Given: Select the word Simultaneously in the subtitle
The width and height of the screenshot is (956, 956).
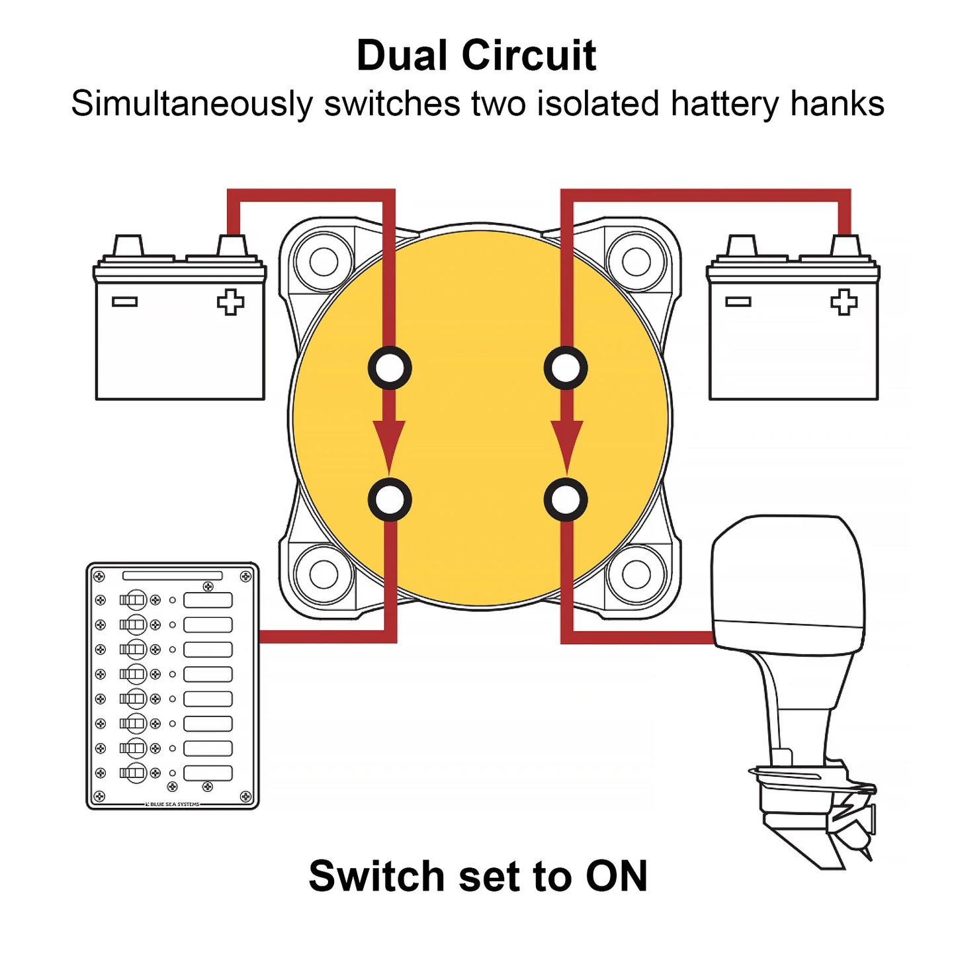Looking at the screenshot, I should [192, 105].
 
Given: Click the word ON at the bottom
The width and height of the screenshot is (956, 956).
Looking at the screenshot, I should [616, 876].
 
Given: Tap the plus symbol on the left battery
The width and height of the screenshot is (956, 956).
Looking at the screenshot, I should [230, 302].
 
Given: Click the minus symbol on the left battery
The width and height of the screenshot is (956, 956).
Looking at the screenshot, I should [124, 302].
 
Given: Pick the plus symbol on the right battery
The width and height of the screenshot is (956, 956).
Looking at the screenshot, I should [844, 302].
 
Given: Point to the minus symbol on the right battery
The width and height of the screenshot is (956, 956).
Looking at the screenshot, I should [738, 302].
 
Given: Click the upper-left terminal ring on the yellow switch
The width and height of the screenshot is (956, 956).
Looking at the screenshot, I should [390, 368].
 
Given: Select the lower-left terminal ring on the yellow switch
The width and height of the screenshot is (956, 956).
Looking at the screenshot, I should [390, 500].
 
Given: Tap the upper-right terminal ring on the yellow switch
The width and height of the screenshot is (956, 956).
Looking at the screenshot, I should [566, 368].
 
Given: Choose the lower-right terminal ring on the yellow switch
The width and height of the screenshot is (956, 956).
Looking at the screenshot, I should [566, 500].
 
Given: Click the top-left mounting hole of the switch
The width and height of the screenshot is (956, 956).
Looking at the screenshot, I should [324, 262].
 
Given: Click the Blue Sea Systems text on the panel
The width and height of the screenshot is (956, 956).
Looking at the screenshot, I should [173, 804].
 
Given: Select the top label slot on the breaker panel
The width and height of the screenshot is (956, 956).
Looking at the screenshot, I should [208, 600].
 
